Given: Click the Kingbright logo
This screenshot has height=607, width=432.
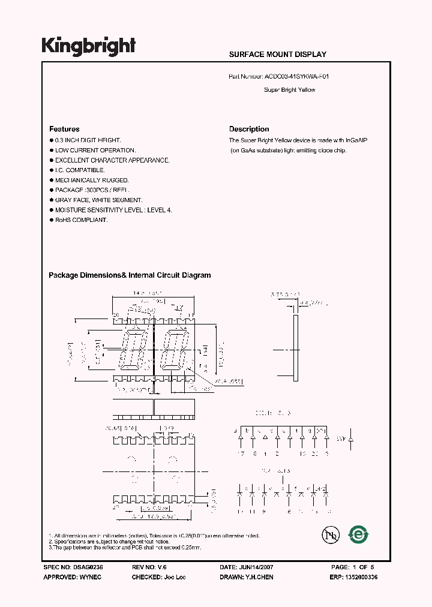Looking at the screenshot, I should [89, 46].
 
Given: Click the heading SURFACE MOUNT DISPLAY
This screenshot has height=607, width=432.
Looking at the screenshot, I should [278, 55].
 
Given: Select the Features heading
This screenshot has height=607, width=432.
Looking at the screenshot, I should [64, 129].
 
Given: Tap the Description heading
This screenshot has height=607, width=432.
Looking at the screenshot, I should [249, 129].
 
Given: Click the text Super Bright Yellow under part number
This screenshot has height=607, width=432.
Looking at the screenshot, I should [290, 90].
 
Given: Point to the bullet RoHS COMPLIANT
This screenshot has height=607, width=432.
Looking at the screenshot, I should [81, 220].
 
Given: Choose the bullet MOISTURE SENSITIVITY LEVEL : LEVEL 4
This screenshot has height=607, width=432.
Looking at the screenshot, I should [113, 210].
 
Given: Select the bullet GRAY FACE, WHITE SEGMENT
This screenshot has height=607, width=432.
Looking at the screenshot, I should [98, 200].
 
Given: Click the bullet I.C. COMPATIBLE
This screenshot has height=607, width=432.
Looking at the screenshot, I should [80, 170].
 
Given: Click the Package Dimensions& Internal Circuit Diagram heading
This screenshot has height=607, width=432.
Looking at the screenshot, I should [130, 275].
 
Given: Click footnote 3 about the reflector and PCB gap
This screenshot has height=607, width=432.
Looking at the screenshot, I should [125, 548].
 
